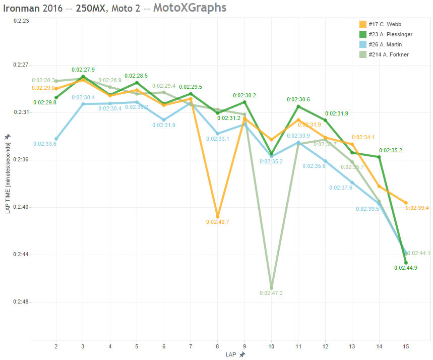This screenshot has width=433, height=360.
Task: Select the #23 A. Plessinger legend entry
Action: point(391,34)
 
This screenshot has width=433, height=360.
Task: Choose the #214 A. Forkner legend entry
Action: point(388,54)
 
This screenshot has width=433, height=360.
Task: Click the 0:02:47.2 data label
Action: point(271,293)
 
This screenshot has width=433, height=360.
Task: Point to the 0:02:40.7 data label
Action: point(217,222)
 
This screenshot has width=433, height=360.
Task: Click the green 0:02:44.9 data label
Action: point(406,268)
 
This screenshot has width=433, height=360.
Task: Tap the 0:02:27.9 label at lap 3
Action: point(83,70)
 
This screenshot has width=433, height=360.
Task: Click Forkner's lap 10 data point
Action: point(271,288)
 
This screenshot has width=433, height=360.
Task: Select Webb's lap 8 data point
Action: point(217,216)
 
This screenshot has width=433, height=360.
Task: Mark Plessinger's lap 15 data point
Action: point(406,263)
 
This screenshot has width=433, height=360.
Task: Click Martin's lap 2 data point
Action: point(56,139)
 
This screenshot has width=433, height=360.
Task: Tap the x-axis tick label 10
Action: point(271,346)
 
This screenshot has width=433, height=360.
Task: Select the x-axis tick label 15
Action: point(406,346)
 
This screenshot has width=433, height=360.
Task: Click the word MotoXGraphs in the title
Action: point(190,8)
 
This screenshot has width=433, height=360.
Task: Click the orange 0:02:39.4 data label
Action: point(417,208)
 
